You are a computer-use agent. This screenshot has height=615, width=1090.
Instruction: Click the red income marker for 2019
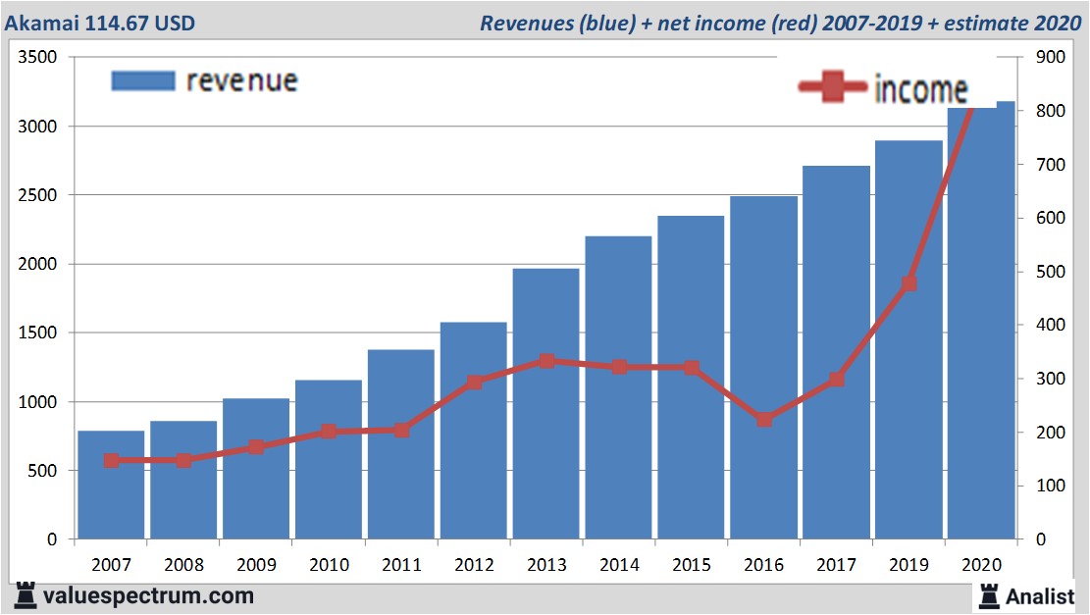point(908,283)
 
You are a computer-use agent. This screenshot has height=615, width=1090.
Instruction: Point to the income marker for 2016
point(764,419)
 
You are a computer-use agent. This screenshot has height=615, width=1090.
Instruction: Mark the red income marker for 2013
point(546,361)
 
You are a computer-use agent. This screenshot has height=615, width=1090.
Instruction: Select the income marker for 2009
point(256,447)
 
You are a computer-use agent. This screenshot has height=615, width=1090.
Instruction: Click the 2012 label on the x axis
point(473,565)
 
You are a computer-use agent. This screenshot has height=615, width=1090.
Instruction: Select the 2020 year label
point(980,565)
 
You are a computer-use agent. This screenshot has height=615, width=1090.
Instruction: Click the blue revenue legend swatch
point(143,79)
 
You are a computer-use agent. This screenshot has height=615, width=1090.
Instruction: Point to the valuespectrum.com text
point(147,595)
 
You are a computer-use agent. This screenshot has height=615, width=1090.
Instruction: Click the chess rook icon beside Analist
point(987,594)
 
